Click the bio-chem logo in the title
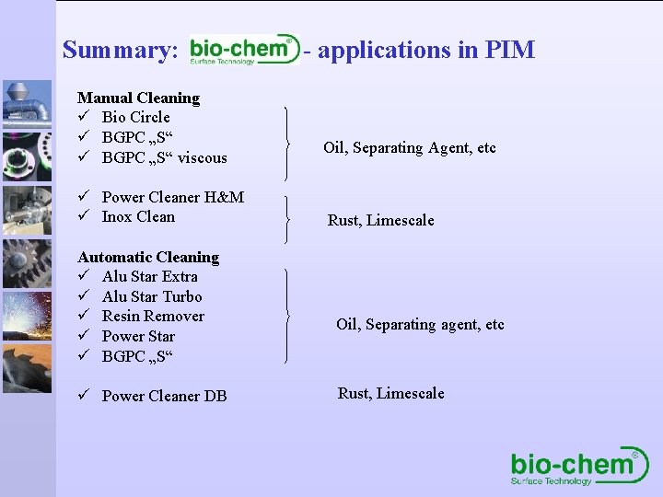coord(244,50)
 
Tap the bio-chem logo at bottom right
coord(579,467)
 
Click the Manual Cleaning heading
coord(138,98)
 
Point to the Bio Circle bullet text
coord(135,117)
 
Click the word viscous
coord(202,157)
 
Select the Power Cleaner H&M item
coord(172,197)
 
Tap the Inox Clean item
coord(137,217)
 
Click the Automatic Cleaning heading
coord(148,257)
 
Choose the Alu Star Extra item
coord(149,276)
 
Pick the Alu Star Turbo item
coord(151,296)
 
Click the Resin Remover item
coord(153,316)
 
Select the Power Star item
coord(138,336)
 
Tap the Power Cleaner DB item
coord(164,396)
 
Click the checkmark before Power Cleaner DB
coord(84,396)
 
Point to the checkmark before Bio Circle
coord(84,117)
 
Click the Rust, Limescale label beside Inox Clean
coord(380,220)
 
